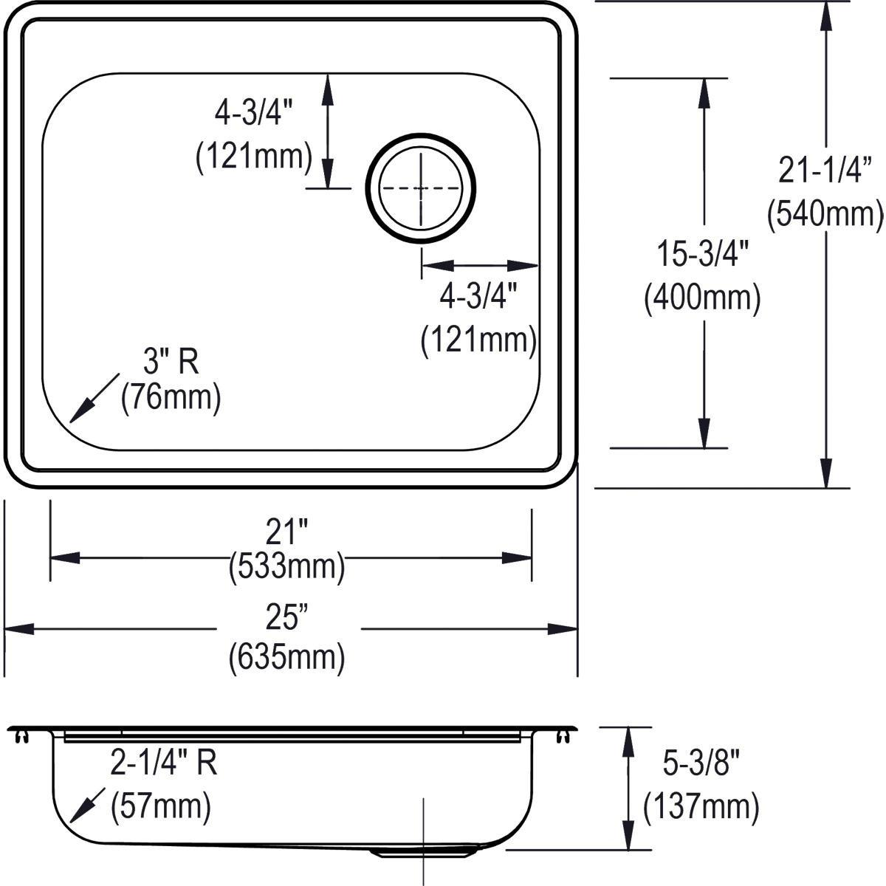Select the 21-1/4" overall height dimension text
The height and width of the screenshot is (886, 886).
click(x=825, y=170)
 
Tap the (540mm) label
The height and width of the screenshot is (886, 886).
click(x=825, y=214)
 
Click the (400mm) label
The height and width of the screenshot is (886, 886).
click(x=702, y=299)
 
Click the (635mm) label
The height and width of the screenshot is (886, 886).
click(x=287, y=656)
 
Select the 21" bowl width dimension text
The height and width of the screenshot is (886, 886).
click(x=287, y=530)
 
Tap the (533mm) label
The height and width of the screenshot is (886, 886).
click(x=287, y=567)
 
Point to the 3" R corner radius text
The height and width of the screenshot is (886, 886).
click(x=171, y=362)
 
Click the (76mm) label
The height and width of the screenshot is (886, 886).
click(x=171, y=397)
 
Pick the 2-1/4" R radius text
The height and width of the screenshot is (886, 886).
click(x=163, y=764)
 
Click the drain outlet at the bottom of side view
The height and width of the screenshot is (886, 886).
click(x=422, y=853)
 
